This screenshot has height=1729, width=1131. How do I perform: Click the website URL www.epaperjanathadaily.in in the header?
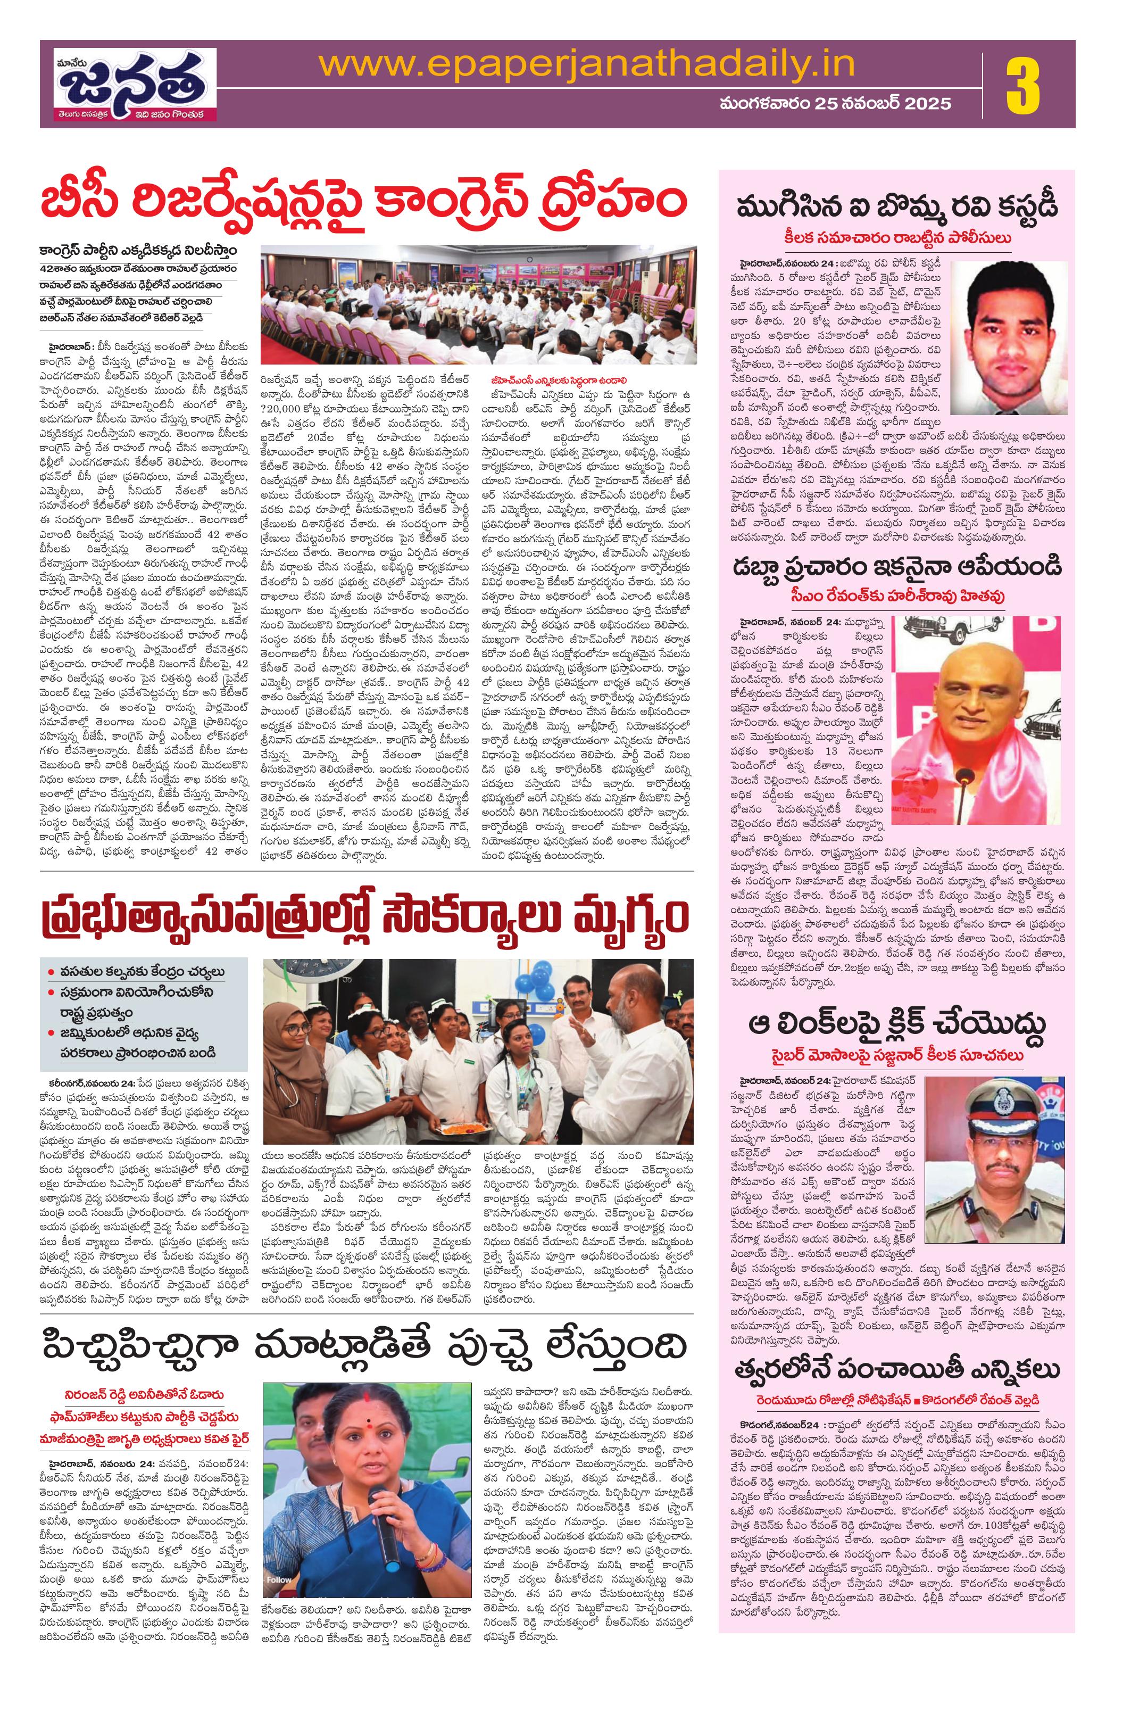(586, 64)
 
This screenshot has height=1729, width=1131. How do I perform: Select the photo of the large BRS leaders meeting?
(477, 304)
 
